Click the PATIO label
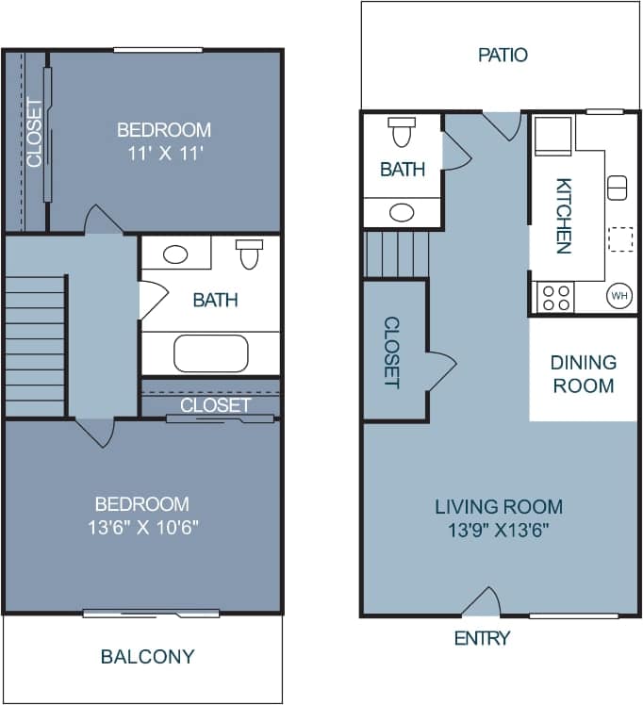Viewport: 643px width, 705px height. tap(503, 55)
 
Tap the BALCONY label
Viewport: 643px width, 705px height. tap(147, 656)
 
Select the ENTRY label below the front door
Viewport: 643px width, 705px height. tap(482, 638)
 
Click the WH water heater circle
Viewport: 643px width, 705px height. tap(619, 296)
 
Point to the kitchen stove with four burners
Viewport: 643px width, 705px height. tap(553, 297)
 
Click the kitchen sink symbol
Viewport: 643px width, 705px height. tap(618, 187)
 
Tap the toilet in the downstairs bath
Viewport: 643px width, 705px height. tap(403, 133)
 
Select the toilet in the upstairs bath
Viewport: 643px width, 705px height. tap(250, 253)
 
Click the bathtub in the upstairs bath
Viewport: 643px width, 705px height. tap(211, 354)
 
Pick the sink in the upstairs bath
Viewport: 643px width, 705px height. tap(174, 254)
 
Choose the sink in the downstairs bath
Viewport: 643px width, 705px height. tap(403, 212)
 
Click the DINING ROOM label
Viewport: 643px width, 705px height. tap(584, 373)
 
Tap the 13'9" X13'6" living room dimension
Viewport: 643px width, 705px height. tap(499, 530)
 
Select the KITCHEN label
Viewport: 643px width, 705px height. tap(563, 216)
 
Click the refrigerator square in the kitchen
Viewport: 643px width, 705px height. tap(552, 136)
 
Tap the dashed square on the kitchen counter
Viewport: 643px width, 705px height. tap(620, 238)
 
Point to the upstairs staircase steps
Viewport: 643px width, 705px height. tap(35, 345)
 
